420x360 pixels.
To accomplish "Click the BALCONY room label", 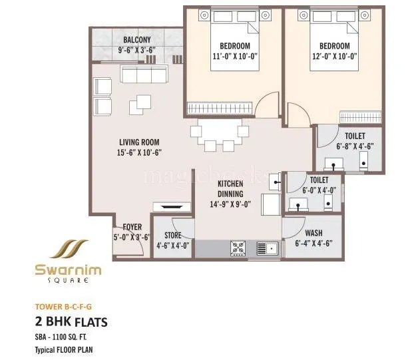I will click(x=136, y=39).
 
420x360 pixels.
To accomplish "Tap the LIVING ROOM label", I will click(x=139, y=142).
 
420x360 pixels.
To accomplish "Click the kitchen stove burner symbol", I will click(x=238, y=248).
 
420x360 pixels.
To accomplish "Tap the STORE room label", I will click(x=173, y=235).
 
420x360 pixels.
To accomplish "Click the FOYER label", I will click(x=132, y=227).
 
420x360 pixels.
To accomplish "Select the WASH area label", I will click(x=314, y=234).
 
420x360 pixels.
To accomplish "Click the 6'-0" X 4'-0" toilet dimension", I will click(x=318, y=190).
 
